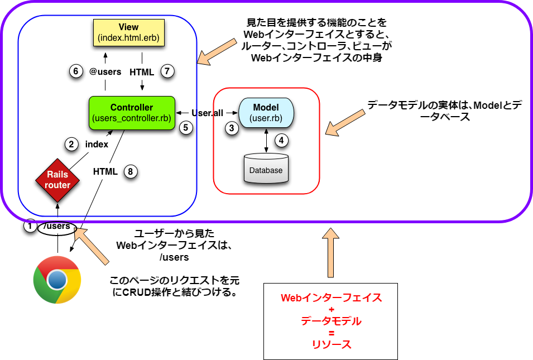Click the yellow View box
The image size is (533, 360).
[x=128, y=32]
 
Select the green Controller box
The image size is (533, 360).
[x=132, y=113]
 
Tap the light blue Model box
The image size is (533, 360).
[x=266, y=113]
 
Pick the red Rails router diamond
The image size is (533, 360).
[x=57, y=180]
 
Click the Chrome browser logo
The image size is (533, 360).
[x=57, y=280]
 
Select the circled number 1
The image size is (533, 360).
[x=30, y=226]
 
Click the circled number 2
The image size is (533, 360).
[x=71, y=144]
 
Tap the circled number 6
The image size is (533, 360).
[x=75, y=71]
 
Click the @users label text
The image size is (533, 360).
[x=105, y=71]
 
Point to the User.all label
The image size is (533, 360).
[x=207, y=113]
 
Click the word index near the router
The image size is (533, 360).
[x=97, y=144]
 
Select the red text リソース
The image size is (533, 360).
[x=331, y=344]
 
